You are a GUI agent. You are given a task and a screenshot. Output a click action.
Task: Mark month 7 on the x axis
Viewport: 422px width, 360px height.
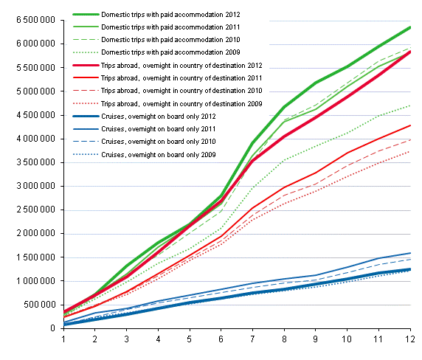tap(253, 339)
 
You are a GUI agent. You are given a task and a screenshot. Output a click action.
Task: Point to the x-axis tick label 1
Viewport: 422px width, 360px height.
tap(64, 339)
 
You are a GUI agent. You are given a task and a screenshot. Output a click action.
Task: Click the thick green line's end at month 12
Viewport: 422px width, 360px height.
tap(410, 27)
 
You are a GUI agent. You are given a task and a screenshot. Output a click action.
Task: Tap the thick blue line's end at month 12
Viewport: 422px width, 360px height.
tap(410, 269)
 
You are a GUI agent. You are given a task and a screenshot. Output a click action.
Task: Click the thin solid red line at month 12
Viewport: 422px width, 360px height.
tap(410, 125)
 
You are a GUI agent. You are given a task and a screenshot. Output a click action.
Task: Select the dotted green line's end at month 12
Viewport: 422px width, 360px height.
tap(410, 105)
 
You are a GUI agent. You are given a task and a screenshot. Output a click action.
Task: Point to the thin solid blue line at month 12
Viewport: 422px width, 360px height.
tap(410, 253)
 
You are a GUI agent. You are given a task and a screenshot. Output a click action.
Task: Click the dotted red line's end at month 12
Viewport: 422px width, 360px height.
tap(410, 152)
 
